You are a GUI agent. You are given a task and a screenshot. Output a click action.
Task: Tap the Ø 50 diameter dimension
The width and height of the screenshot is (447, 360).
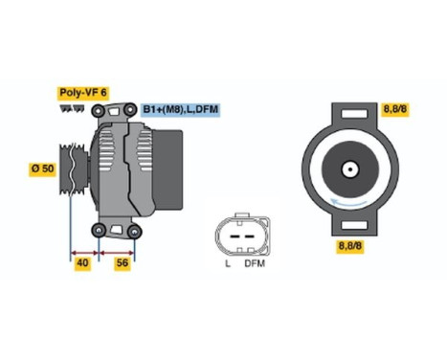(x=42, y=169)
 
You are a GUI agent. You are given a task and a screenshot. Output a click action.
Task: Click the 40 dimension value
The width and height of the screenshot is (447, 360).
(x=84, y=261)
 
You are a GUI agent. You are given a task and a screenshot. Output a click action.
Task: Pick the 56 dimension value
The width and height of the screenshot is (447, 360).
(x=123, y=261)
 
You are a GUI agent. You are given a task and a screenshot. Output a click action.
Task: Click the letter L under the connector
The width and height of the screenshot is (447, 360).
(x=227, y=263)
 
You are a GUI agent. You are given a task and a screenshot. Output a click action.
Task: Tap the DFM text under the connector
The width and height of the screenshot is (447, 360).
(x=255, y=263)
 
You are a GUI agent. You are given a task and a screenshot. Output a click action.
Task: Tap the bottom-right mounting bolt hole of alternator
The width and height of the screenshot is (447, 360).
(x=135, y=230)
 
